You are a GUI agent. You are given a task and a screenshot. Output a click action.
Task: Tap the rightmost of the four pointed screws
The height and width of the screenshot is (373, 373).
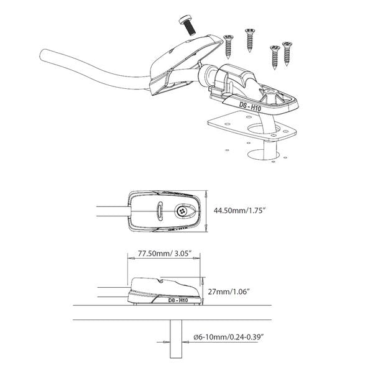click(287, 52)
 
